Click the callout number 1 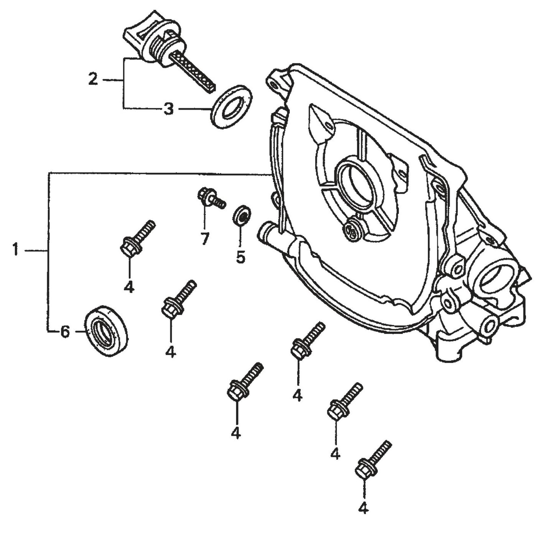(x=15, y=250)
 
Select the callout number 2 (x=93, y=79)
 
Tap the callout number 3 (x=168, y=109)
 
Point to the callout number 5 (x=240, y=257)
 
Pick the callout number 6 (x=65, y=331)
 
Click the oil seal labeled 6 (x=107, y=331)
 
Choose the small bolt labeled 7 (x=209, y=197)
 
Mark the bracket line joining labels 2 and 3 (x=123, y=82)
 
